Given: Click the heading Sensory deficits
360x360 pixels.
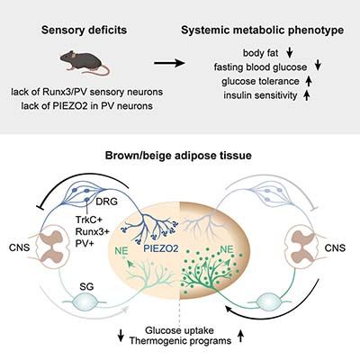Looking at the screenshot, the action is pos(85,30).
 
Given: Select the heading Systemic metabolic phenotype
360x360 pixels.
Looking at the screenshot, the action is pos(263,31).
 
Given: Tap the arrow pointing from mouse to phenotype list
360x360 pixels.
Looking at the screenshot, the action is pos(169,63).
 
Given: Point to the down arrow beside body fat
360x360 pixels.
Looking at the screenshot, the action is pos(290,53).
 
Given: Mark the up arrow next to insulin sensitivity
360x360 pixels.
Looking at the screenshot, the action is pos(306,95).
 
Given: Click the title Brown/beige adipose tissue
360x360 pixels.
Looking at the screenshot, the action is pos(178,156).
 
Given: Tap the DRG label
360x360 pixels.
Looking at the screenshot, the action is pos(106,202).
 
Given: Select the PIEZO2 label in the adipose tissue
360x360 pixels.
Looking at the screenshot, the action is pos(161,248).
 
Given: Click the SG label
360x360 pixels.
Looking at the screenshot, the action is pos(86,287).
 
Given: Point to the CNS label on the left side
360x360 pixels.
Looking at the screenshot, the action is pos(20,247).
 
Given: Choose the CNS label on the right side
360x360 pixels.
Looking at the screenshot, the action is pos(335,247).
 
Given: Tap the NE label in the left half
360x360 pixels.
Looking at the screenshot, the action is pos(121,251).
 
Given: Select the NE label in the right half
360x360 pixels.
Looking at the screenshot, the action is pos(227,249).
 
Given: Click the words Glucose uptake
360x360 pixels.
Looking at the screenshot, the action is pos(179,330).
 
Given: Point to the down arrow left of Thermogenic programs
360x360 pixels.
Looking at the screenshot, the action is pos(121,336).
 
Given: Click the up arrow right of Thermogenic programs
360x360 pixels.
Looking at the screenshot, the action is pos(240,336).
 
